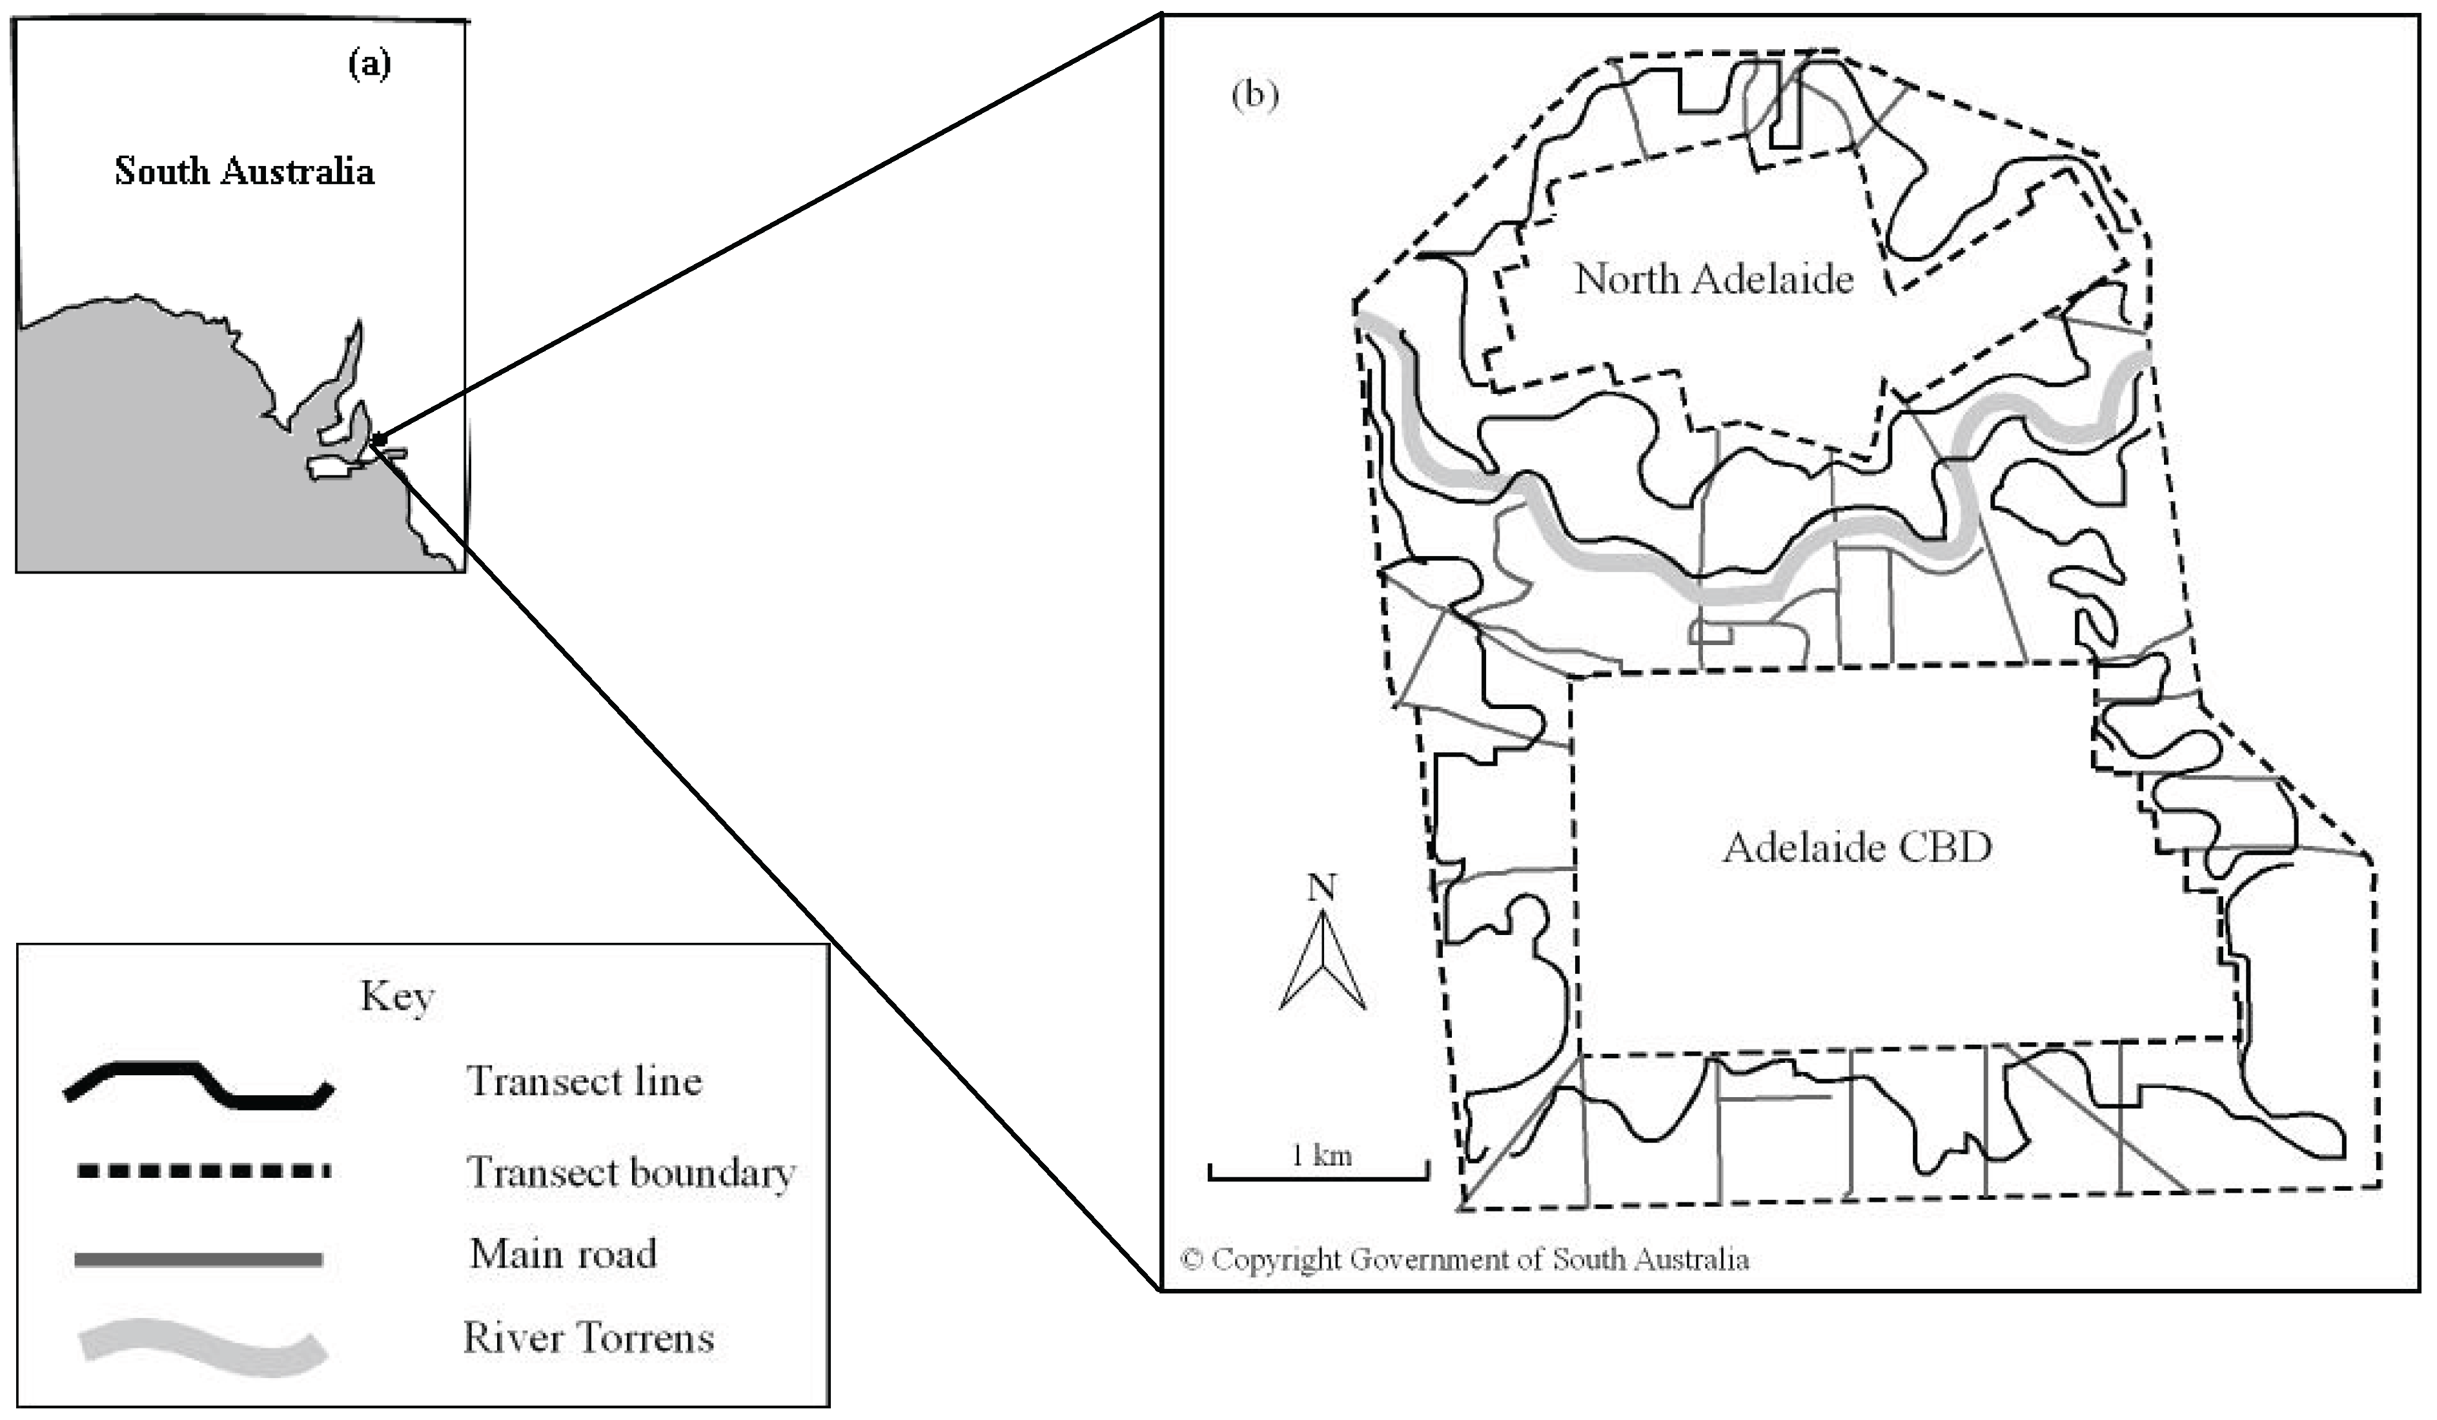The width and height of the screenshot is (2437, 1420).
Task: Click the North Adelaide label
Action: [1713, 280]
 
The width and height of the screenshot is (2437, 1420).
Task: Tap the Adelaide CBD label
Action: [1857, 847]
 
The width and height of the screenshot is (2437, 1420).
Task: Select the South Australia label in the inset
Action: [245, 171]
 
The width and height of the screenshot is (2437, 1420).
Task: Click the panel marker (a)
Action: [369, 64]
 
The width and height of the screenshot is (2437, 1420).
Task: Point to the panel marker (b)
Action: [1254, 95]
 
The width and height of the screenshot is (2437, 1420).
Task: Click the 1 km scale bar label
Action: [1321, 1155]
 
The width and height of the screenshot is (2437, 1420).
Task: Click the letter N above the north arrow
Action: [1322, 887]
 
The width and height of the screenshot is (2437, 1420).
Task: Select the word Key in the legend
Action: [398, 997]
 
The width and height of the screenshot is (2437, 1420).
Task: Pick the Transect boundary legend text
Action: [631, 1173]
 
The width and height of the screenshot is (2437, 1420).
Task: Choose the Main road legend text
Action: [563, 1253]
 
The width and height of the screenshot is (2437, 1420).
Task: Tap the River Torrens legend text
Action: [588, 1338]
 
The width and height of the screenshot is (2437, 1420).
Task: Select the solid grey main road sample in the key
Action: [198, 1259]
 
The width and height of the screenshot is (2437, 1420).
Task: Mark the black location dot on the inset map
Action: [379, 439]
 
